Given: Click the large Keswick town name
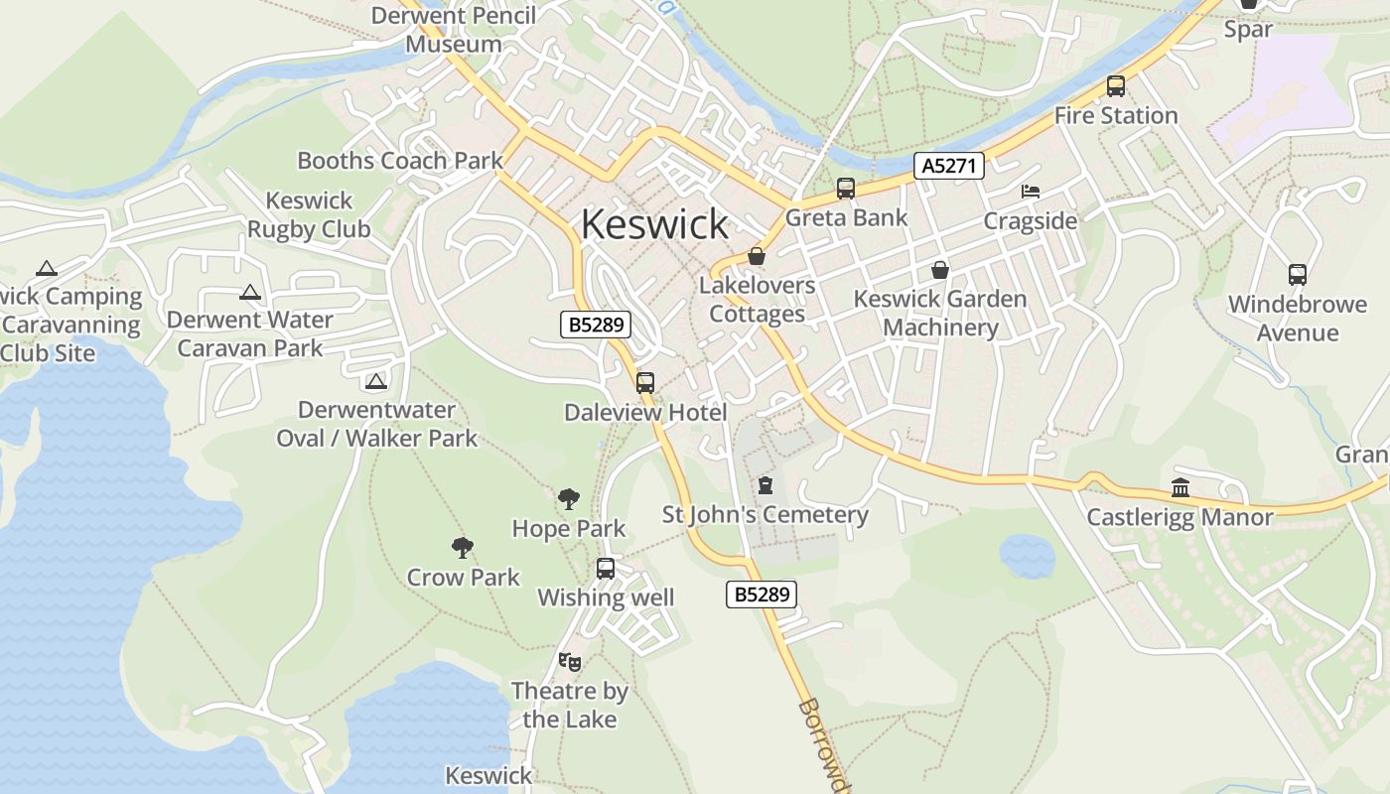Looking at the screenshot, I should point(654,224).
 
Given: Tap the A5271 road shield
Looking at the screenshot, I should point(949,166).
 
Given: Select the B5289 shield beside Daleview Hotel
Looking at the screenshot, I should point(596,325).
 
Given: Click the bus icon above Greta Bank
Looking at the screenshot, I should point(846,188).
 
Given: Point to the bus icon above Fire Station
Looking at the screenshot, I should point(1116,86).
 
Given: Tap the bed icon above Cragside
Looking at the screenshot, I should point(1031,191).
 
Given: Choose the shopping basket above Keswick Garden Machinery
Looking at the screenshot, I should point(939,269).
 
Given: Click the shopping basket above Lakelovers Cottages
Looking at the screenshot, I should point(757,256).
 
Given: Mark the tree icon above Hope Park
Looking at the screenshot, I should point(569,498).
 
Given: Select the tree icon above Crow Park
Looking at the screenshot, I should point(462,547).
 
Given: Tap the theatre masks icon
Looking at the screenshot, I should point(569,661).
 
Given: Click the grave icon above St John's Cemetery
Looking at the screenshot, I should point(764,485).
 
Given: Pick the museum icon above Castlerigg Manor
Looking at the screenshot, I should point(1181,487).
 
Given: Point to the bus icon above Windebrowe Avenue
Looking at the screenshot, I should point(1297,275).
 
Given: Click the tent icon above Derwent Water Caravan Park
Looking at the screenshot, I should point(249,293).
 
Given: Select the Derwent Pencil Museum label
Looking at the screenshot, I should point(454,30).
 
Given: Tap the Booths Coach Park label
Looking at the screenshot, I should point(400,160).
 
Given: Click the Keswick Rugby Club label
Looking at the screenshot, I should point(309,214).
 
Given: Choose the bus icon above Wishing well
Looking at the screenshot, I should point(606,569).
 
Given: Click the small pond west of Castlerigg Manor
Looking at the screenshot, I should point(1027,556).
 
